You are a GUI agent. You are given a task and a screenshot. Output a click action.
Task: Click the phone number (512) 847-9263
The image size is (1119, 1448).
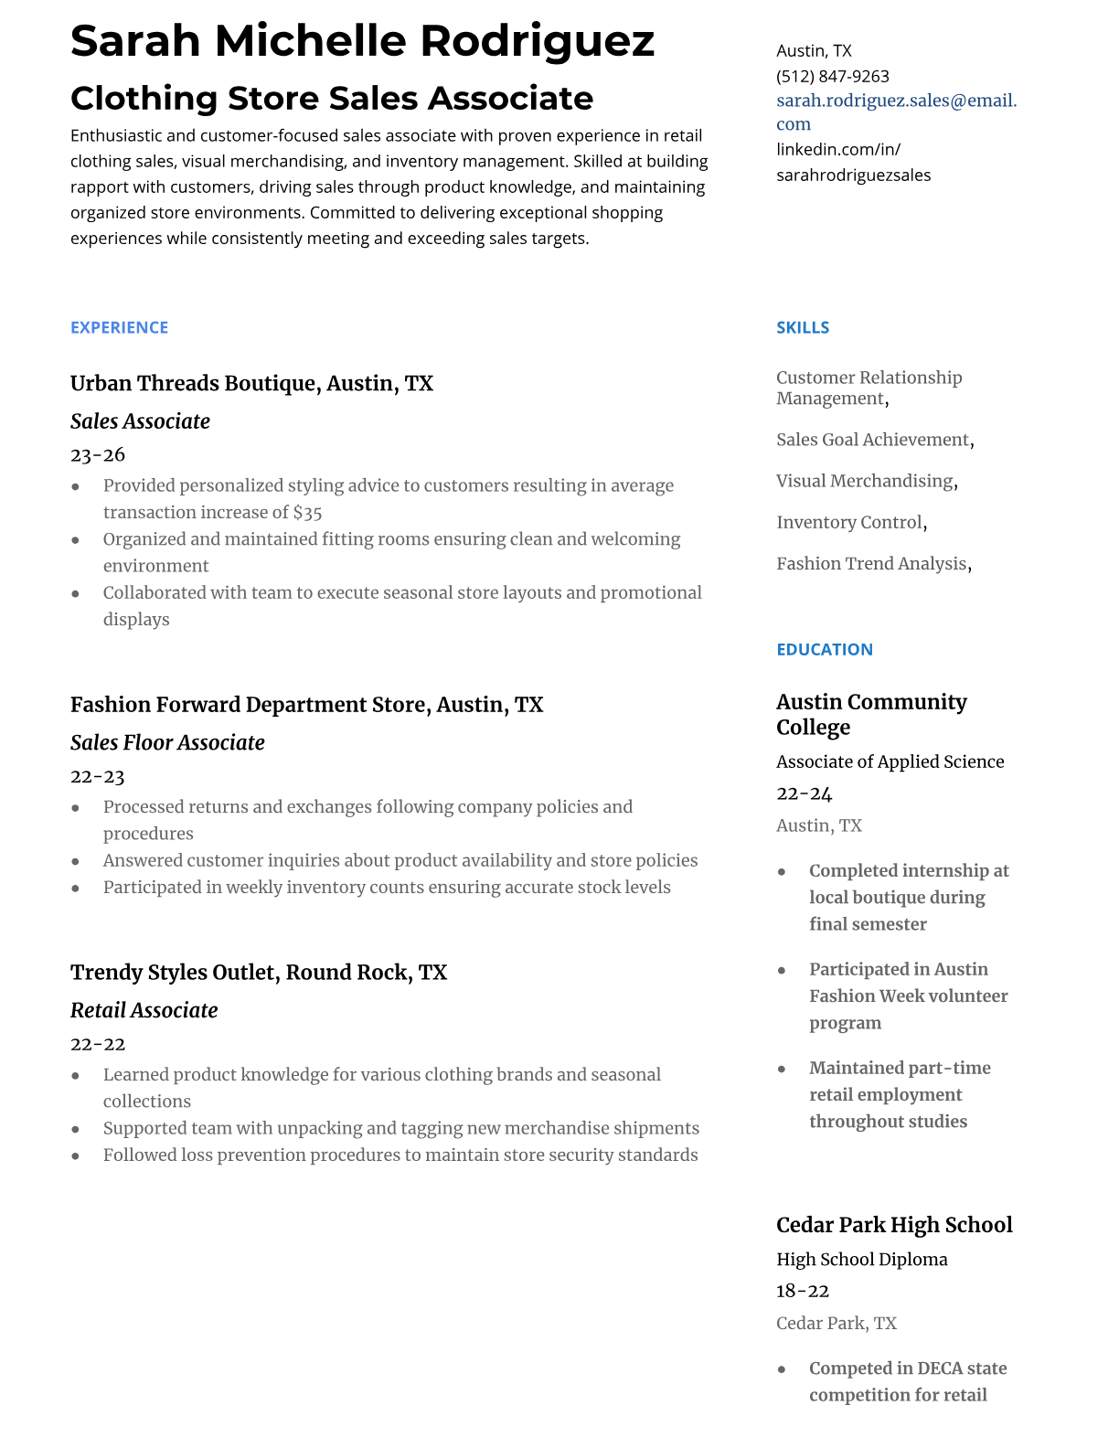click(x=832, y=77)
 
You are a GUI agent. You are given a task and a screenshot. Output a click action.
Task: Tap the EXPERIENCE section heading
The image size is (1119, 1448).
click(x=119, y=327)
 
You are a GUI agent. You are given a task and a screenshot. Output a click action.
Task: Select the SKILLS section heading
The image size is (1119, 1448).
click(x=802, y=327)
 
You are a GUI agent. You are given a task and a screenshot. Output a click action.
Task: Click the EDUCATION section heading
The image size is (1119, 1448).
click(x=824, y=649)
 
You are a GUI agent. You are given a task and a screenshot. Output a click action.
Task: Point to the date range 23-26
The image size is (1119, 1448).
click(x=98, y=454)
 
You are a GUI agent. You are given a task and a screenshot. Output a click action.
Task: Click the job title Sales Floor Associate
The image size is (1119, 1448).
click(x=167, y=742)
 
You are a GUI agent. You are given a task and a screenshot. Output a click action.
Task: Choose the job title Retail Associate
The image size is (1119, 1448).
click(x=144, y=1010)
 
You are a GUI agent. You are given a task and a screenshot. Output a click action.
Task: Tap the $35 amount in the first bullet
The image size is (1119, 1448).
click(x=307, y=513)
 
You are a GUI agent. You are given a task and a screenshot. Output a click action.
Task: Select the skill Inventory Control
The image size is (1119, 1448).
click(x=848, y=522)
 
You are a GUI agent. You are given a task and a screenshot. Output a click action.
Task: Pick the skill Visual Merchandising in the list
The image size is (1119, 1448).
click(x=864, y=481)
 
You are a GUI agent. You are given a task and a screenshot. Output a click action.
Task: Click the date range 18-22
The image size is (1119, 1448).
click(x=802, y=1291)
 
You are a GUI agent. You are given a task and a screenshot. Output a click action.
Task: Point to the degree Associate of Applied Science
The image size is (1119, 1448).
click(x=890, y=761)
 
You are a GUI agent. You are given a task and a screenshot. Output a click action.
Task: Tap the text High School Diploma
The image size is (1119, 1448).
click(x=861, y=1259)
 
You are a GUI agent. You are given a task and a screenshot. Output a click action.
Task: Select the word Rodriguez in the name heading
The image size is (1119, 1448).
click(x=537, y=41)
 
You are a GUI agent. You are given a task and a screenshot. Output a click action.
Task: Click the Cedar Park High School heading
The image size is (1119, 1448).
click(x=893, y=1225)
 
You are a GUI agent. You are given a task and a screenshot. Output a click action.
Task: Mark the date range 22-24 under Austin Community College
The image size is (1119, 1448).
click(x=804, y=793)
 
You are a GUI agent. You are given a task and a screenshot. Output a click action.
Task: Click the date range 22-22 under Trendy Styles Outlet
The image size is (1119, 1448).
click(x=98, y=1044)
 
